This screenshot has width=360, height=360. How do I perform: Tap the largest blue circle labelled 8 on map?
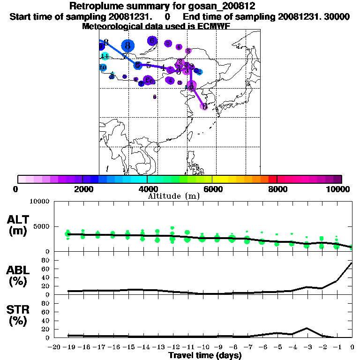[127, 45]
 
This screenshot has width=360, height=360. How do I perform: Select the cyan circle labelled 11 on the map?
[105, 56]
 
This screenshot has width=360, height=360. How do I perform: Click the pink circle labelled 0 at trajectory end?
[204, 106]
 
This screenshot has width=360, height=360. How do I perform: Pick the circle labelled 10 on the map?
[103, 67]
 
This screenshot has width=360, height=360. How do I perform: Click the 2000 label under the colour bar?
[82, 189]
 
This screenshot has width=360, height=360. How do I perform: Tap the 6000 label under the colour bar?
[212, 189]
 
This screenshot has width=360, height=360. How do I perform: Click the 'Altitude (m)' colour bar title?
[173, 196]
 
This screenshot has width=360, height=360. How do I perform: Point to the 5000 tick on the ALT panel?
[41, 226]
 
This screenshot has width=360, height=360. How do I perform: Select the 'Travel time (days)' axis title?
[205, 355]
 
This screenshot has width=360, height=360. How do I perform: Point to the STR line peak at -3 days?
[307, 328]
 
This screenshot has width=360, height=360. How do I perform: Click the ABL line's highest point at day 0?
[352, 263]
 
